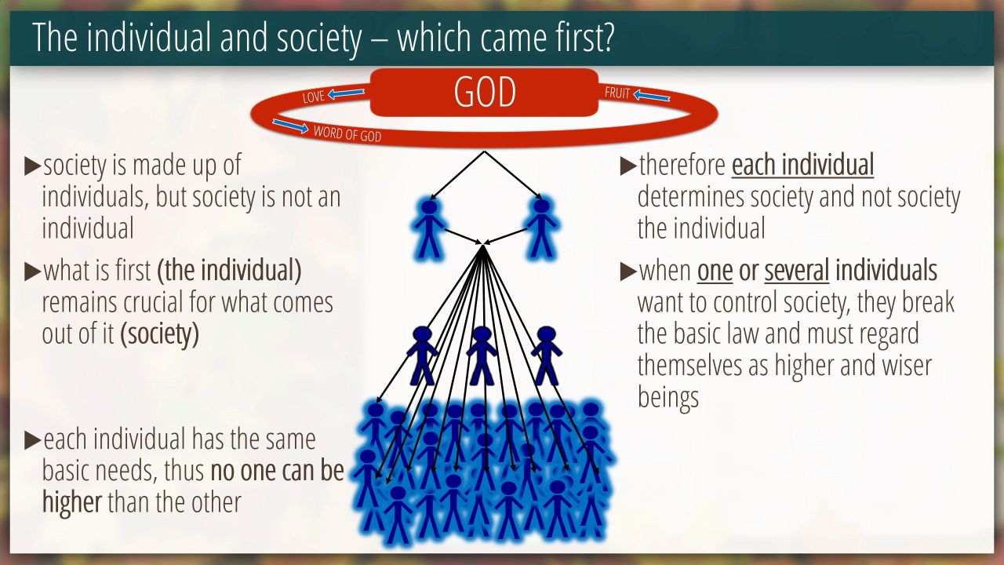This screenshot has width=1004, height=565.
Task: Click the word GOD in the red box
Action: [x=485, y=92]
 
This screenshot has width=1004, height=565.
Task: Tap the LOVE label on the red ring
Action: [x=313, y=97]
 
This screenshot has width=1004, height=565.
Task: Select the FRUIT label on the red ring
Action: [x=617, y=93]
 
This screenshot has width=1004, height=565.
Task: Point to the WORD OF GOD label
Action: [x=347, y=133]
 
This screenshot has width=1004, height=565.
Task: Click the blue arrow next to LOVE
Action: [x=346, y=93]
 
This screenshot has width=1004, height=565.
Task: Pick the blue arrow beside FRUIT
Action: [x=652, y=96]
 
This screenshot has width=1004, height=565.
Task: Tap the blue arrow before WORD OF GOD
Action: [x=290, y=126]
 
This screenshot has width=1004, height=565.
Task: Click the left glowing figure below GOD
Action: [x=429, y=228]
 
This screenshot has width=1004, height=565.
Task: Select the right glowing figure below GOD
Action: [x=541, y=228]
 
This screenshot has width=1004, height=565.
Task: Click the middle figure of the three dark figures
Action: [x=482, y=355]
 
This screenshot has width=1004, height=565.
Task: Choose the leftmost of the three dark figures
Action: [x=422, y=355]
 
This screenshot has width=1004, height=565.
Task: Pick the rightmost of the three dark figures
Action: [x=547, y=355]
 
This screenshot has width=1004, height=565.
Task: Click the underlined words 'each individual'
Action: [x=802, y=165]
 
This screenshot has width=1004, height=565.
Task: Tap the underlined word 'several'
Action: [x=796, y=271]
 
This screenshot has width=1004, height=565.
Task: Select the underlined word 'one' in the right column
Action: [x=715, y=272]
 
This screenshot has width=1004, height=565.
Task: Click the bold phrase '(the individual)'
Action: [x=229, y=271]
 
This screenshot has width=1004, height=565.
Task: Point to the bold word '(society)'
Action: [x=159, y=334]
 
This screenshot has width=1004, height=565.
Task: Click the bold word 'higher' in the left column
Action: [x=71, y=501]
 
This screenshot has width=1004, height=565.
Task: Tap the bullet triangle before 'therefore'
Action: [x=628, y=166]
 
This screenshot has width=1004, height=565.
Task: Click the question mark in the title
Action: [x=606, y=37]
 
